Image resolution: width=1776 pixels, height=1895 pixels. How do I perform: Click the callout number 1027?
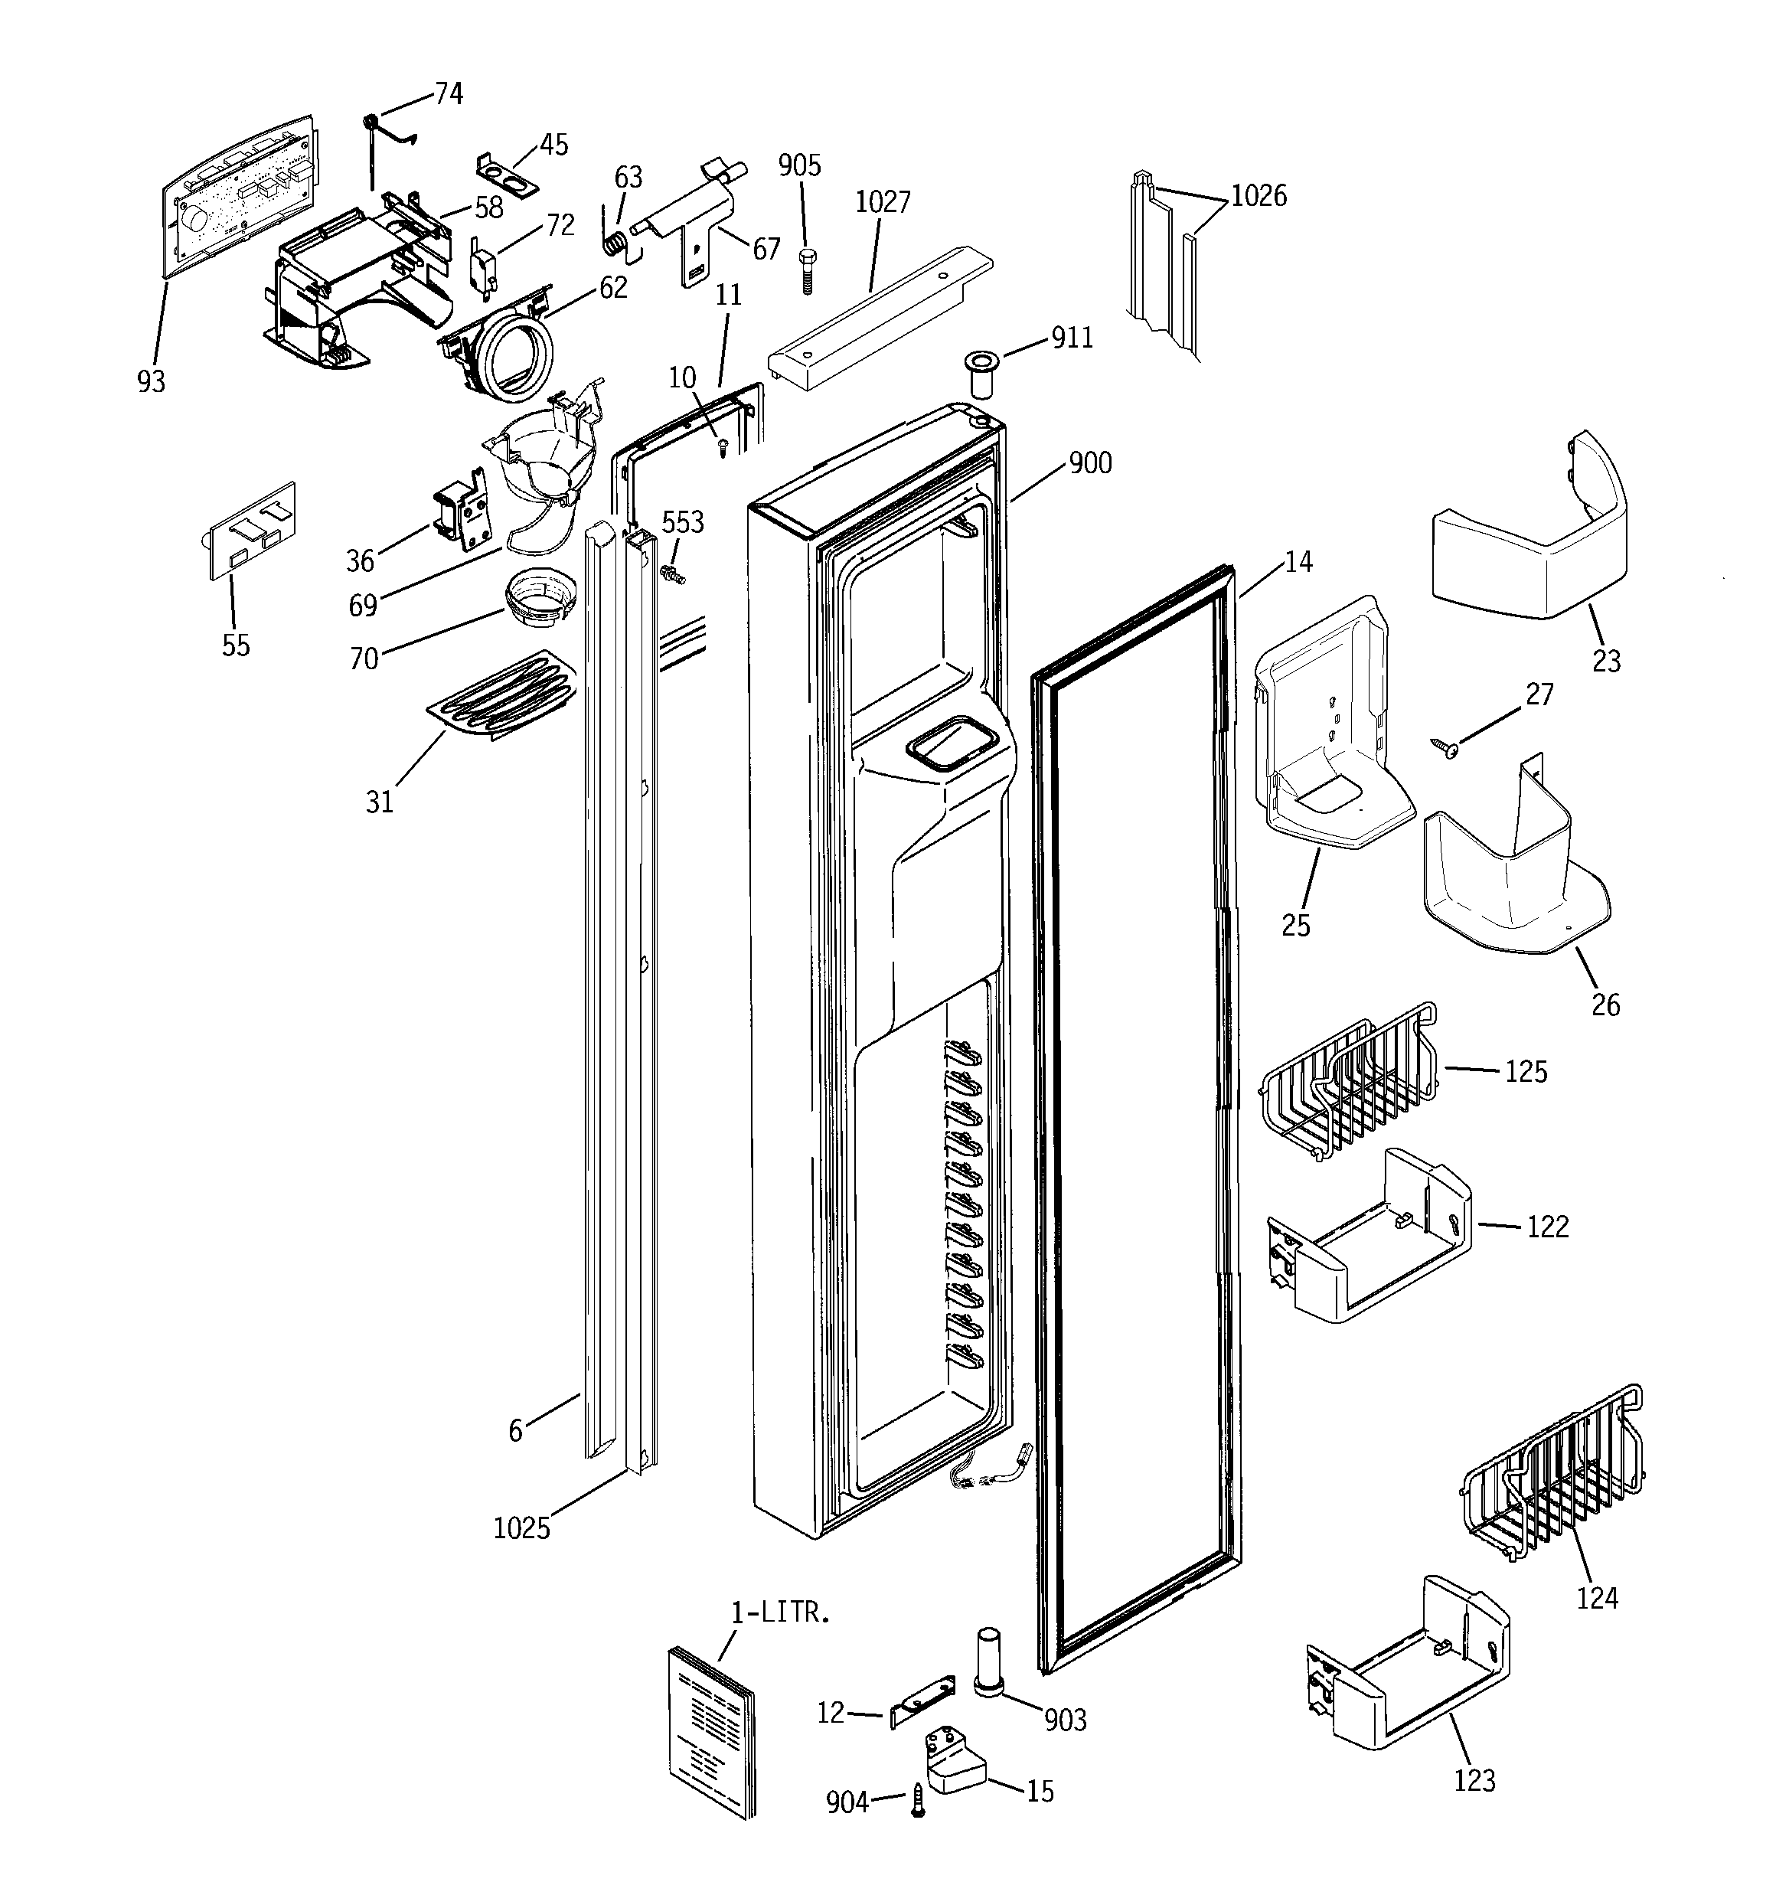tap(882, 202)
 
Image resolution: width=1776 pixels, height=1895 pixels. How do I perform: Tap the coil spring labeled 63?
tap(615, 242)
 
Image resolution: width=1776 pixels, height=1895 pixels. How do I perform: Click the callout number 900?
tap(1089, 463)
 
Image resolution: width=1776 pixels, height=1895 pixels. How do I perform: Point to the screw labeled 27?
tap(1445, 748)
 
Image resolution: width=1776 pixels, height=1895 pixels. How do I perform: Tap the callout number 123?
tap(1474, 1779)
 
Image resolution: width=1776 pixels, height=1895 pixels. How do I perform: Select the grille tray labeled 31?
tap(500, 695)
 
